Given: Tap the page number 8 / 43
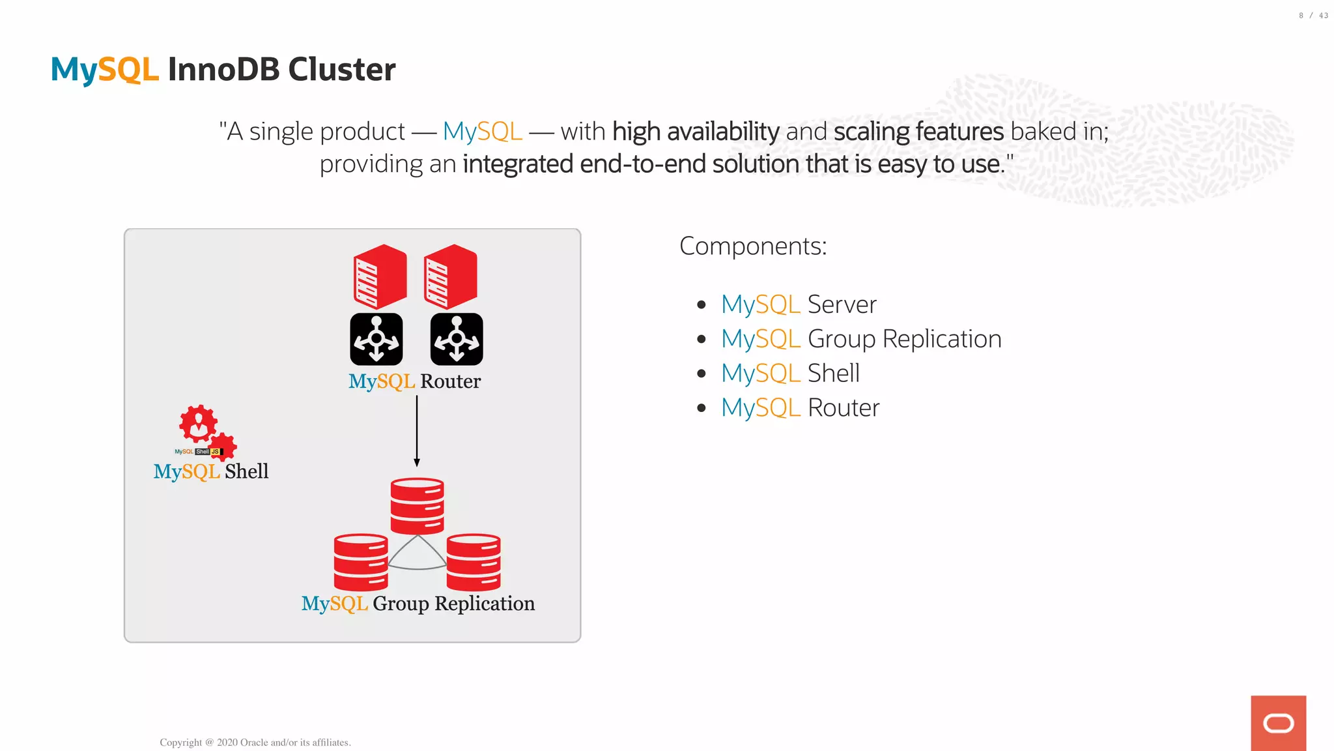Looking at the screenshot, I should tap(1313, 16).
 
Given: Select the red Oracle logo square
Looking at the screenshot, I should tap(1278, 723).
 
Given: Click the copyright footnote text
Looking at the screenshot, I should tap(255, 742).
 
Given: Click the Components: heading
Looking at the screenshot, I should tap(752, 246).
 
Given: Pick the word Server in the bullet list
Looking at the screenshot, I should tap(842, 304).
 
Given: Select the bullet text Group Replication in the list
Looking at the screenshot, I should tap(904, 339).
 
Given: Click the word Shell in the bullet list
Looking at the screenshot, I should tap(833, 374).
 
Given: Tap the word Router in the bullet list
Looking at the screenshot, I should tap(843, 408).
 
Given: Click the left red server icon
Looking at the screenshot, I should tap(380, 276).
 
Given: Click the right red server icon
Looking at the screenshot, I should tap(450, 276).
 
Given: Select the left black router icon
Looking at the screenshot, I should tap(376, 339).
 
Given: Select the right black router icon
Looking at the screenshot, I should tap(457, 339).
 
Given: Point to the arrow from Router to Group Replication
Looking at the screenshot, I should tap(417, 430).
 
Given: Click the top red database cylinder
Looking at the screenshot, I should tap(417, 506).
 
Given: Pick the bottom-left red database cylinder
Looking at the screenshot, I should tap(361, 562).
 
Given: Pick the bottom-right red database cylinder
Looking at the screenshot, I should tap(474, 562).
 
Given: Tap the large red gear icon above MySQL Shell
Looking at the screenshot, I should tap(198, 424).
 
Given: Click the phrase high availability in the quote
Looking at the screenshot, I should tap(696, 132).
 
